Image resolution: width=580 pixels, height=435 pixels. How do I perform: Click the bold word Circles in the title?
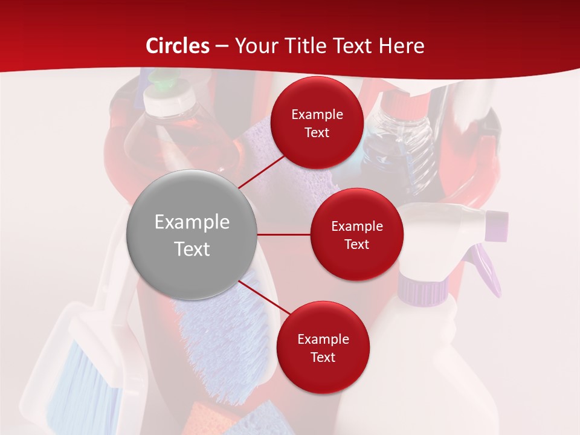click(178, 46)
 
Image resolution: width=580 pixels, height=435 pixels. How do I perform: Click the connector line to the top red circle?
click(261, 172)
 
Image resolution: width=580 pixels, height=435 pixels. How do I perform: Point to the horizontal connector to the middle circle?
click(284, 234)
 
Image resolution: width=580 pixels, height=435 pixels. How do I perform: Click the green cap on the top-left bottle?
click(162, 82)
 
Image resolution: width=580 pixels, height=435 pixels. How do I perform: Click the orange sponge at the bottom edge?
click(205, 419)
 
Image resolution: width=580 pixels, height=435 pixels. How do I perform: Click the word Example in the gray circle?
click(192, 222)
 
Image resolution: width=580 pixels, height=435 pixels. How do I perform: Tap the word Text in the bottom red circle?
click(323, 357)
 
